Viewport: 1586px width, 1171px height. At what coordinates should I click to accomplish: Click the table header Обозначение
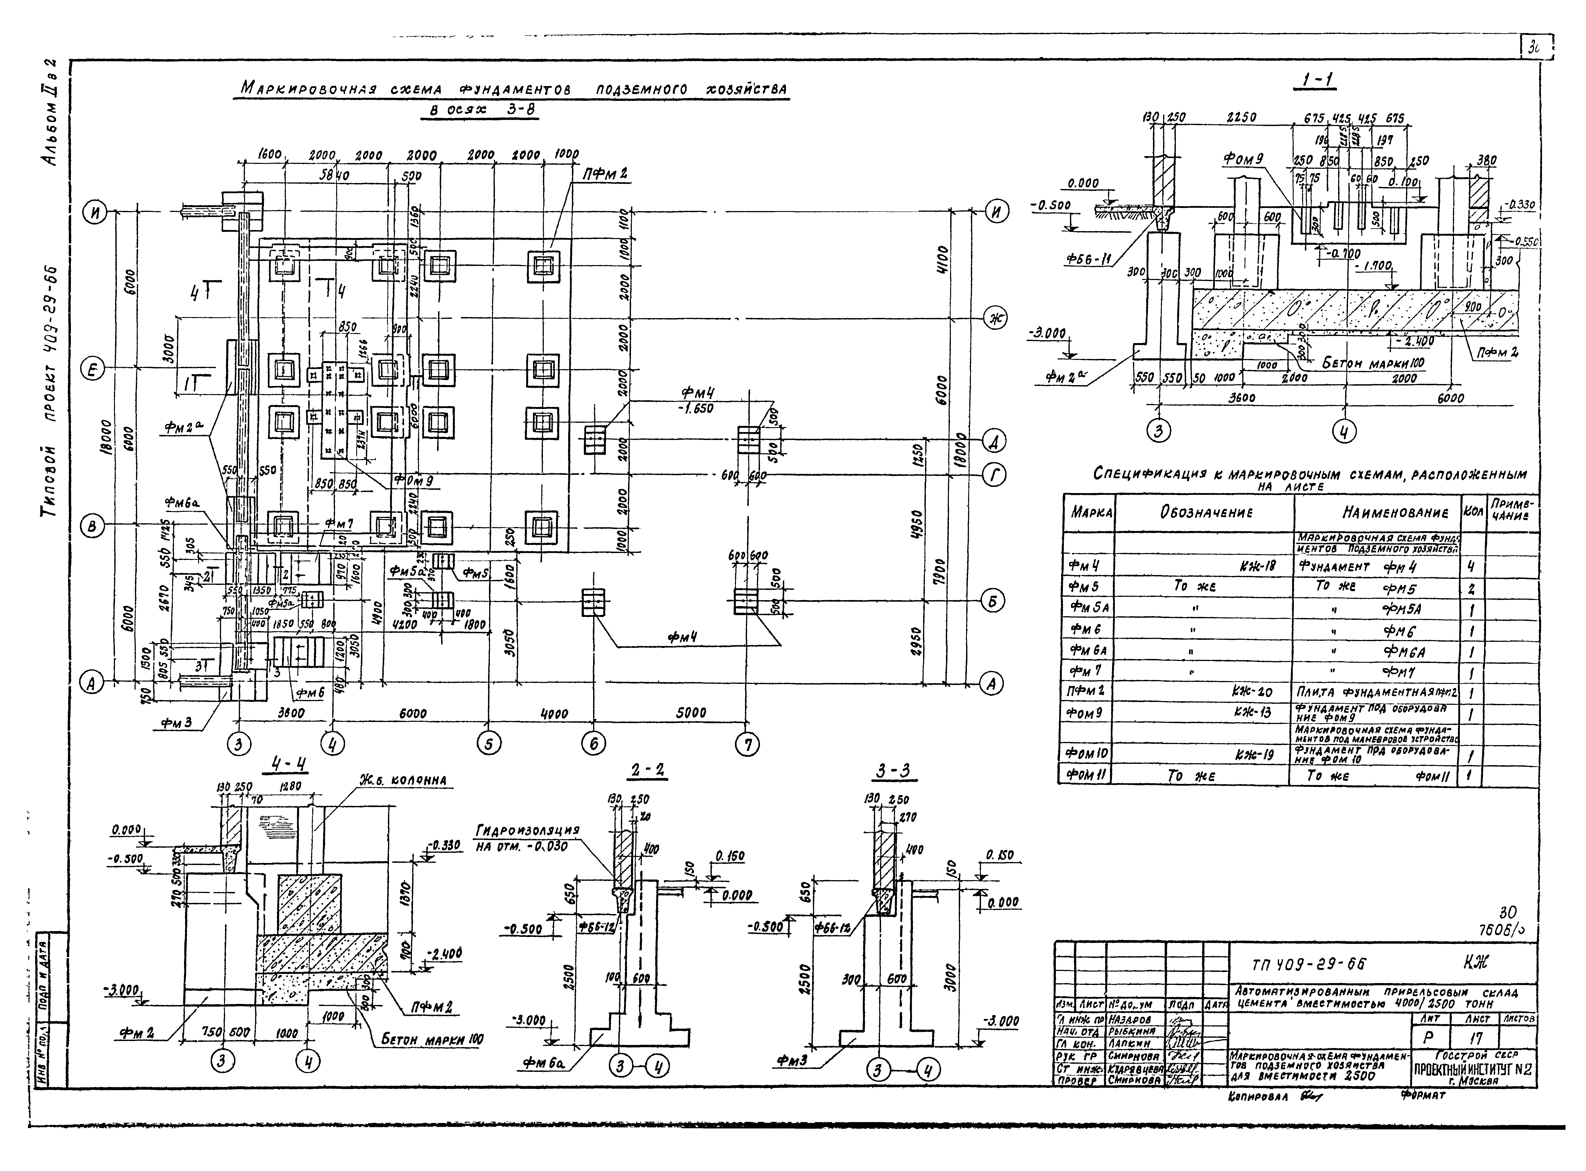[1204, 512]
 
